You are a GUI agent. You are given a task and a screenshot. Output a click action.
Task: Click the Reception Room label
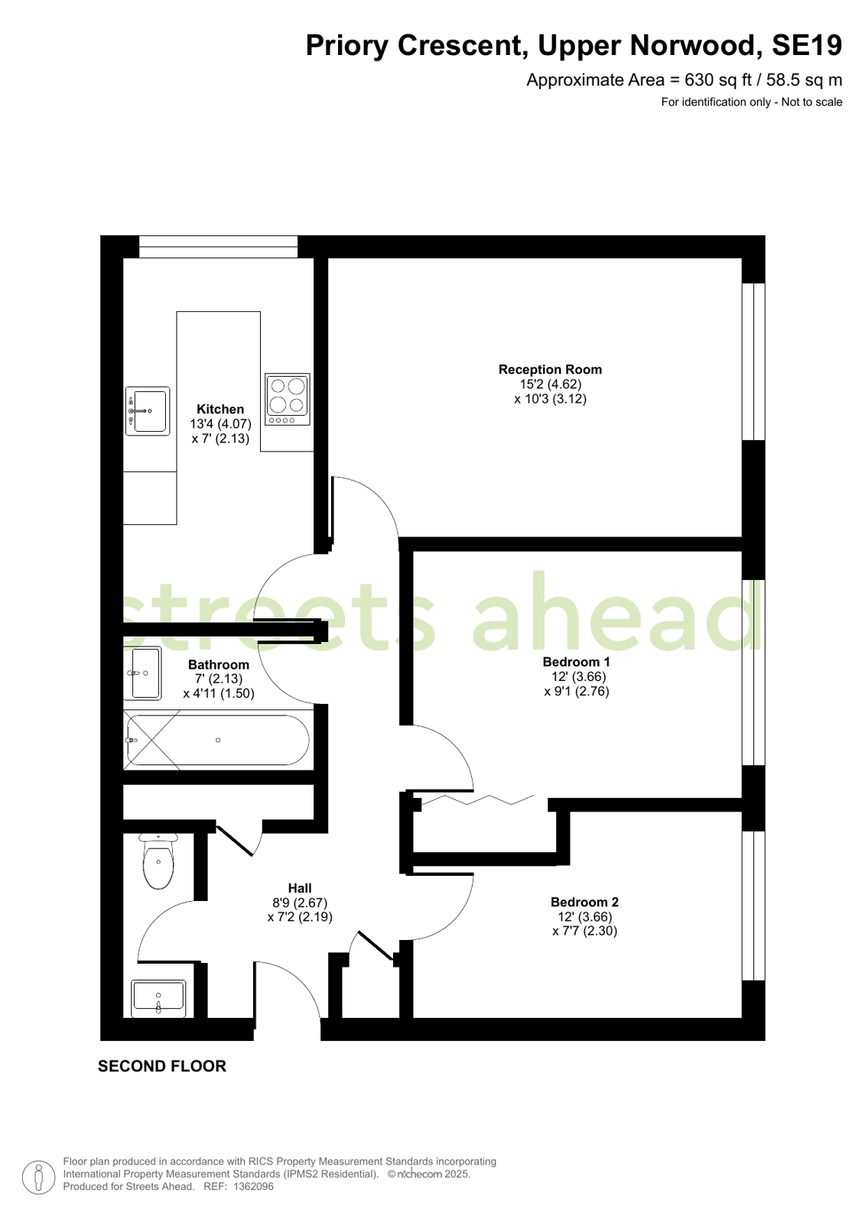pyautogui.click(x=550, y=369)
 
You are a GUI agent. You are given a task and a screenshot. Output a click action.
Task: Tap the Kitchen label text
pyautogui.click(x=220, y=409)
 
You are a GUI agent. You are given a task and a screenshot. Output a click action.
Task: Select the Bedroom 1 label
pyautogui.click(x=576, y=662)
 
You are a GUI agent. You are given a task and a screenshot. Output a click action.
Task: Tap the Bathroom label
pyautogui.click(x=219, y=664)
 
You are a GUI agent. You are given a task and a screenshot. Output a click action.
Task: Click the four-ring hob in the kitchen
pyautogui.click(x=288, y=400)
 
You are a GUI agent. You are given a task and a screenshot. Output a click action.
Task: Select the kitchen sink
pyautogui.click(x=148, y=411)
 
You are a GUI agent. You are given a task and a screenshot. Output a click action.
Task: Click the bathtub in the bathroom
pyautogui.click(x=218, y=740)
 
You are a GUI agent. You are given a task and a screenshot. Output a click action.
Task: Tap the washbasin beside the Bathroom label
pyautogui.click(x=142, y=673)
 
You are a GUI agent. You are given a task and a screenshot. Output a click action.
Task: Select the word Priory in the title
pyautogui.click(x=346, y=46)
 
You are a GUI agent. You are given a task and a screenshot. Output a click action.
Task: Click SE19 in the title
pyautogui.click(x=807, y=45)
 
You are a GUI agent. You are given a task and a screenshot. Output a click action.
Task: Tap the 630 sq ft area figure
pyautogui.click(x=718, y=80)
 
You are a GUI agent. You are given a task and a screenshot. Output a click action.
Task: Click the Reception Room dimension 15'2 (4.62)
pyautogui.click(x=551, y=384)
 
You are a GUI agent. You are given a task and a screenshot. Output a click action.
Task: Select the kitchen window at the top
pyautogui.click(x=219, y=247)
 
